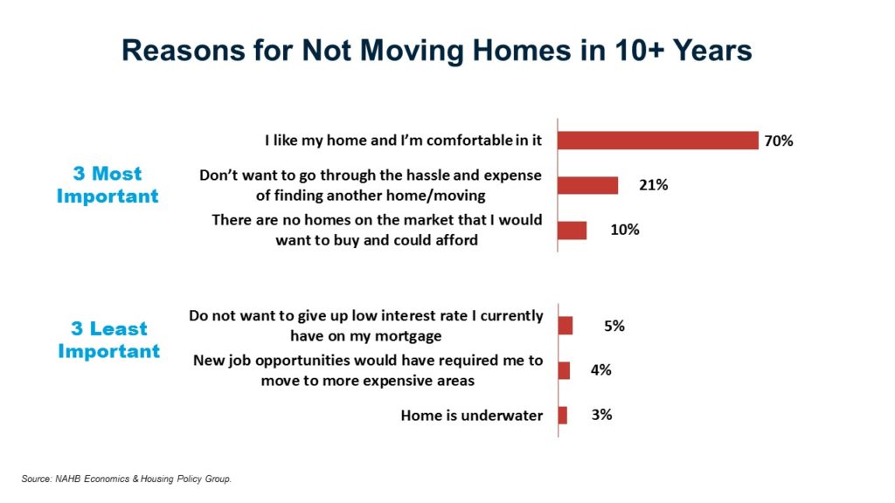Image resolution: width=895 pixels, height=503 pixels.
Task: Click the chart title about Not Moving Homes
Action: pyautogui.click(x=437, y=50)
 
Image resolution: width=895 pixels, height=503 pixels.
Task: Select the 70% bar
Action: pyautogui.click(x=658, y=141)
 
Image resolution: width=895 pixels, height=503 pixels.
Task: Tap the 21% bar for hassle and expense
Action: pyautogui.click(x=588, y=185)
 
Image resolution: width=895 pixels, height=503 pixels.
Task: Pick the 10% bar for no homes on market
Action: pyautogui.click(x=572, y=230)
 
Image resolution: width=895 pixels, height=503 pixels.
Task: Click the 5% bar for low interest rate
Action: pyautogui.click(x=565, y=326)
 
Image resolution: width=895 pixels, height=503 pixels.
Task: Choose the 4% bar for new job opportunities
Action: pyautogui.click(x=564, y=370)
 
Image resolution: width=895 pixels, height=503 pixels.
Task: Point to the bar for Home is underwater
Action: pyautogui.click(x=563, y=415)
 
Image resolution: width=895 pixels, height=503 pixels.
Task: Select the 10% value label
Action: pyautogui.click(x=625, y=230)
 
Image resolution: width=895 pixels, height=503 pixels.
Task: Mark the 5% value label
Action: pyautogui.click(x=614, y=326)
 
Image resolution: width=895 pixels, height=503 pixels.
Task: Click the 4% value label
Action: pyautogui.click(x=600, y=370)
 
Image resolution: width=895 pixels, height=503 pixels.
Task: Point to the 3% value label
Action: pyautogui.click(x=601, y=415)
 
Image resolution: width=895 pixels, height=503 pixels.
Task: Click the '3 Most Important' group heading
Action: pyautogui.click(x=108, y=184)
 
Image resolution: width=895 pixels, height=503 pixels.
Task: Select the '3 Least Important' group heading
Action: pyautogui.click(x=109, y=340)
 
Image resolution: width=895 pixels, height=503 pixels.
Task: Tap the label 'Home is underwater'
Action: pyautogui.click(x=471, y=416)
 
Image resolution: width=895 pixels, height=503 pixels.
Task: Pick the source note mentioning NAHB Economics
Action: pyautogui.click(x=126, y=479)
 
